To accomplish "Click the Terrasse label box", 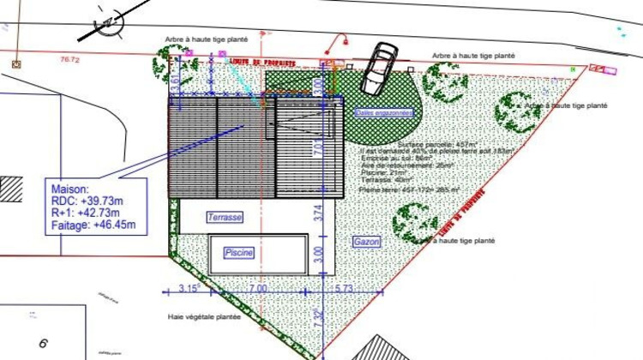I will point(225,218).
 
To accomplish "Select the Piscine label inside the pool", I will point(239,253).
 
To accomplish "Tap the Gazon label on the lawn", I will point(366,243).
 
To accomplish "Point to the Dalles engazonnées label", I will point(385,112).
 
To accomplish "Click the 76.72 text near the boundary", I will point(69,60).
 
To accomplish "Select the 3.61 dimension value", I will point(176,81).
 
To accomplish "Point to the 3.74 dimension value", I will point(316,213).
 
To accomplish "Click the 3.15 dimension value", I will point(189,289).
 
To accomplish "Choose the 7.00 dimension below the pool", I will point(257,289).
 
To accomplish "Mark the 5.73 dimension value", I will point(343,289).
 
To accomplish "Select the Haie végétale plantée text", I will point(204,317).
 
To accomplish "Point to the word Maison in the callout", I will point(71,189).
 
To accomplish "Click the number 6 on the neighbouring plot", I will point(41,344).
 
